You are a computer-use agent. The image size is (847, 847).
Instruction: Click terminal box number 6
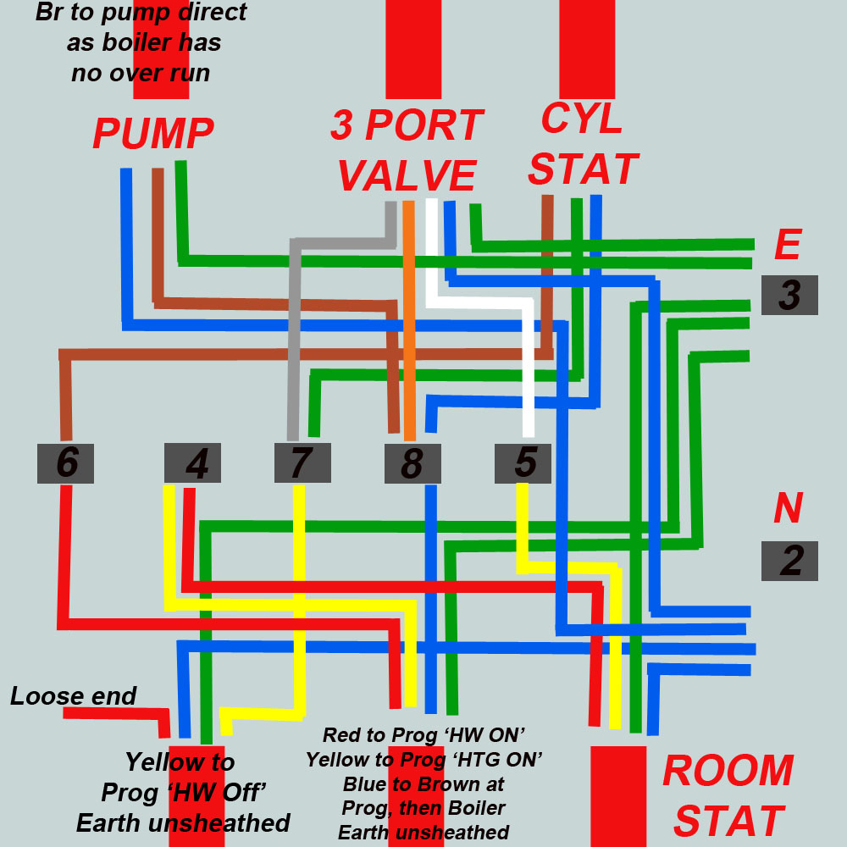pyautogui.click(x=65, y=463)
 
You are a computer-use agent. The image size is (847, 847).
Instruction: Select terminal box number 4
pyautogui.click(x=192, y=463)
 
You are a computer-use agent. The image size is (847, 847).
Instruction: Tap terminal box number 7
pyautogui.click(x=302, y=463)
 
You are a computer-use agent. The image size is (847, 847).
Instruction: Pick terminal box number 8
pyautogui.click(x=412, y=463)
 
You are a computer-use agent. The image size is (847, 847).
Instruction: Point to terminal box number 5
pyautogui.click(x=523, y=463)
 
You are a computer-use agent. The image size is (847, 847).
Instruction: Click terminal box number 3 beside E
pyautogui.click(x=789, y=296)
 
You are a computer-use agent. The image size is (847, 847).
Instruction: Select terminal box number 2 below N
pyautogui.click(x=789, y=561)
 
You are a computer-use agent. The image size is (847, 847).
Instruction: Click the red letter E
pyautogui.click(x=787, y=245)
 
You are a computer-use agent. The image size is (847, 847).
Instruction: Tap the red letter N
pyautogui.click(x=788, y=508)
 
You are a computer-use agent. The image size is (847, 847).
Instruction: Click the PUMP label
pyautogui.click(x=153, y=134)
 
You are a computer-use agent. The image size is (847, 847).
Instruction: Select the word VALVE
pyautogui.click(x=406, y=176)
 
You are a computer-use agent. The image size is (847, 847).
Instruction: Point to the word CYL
pyautogui.click(x=582, y=119)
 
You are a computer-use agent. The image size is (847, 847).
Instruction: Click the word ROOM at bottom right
pyautogui.click(x=728, y=771)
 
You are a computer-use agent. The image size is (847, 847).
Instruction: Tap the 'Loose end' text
pyautogui.click(x=73, y=696)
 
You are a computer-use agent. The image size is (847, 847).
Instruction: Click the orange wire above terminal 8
pyautogui.click(x=409, y=322)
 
